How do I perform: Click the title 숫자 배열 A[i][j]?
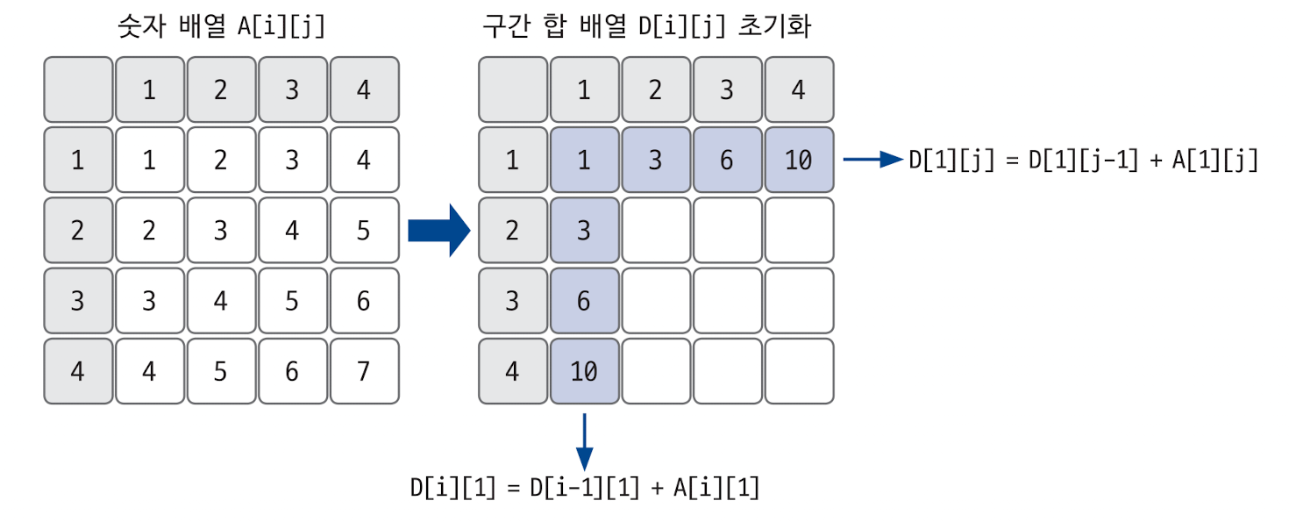221,26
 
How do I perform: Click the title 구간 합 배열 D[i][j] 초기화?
647,26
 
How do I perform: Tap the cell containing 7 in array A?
364,371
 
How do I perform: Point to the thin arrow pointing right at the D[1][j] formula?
872,160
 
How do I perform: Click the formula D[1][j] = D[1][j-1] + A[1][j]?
1084,160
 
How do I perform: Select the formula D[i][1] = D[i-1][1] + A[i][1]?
584,488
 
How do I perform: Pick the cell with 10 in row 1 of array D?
798,161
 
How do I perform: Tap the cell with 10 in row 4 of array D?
584,371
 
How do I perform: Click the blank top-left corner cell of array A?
78,89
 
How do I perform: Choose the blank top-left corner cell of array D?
513,89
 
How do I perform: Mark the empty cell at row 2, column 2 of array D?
656,231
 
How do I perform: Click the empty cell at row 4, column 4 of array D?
798,371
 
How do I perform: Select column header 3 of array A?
292,89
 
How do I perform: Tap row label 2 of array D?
513,231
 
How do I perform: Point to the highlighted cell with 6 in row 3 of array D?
584,301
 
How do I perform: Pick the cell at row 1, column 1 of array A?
149,161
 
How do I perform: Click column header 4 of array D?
798,89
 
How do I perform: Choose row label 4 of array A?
78,371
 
